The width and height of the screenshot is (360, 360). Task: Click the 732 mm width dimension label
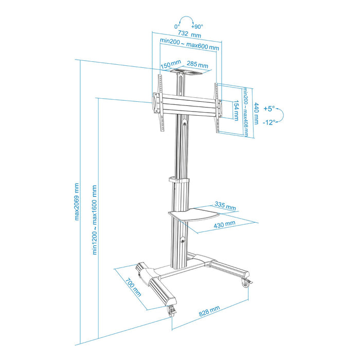(189, 35)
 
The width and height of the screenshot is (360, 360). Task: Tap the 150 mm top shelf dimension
(169, 65)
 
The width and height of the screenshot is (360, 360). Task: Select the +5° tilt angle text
(269, 109)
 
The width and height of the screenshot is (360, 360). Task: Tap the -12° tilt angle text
(269, 122)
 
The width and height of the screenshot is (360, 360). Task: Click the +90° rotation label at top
(196, 26)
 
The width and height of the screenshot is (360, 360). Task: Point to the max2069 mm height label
(77, 201)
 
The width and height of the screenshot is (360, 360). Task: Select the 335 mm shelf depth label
(225, 206)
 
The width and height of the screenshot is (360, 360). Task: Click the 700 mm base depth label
(133, 289)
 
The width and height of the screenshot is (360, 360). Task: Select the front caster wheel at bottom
(171, 310)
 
